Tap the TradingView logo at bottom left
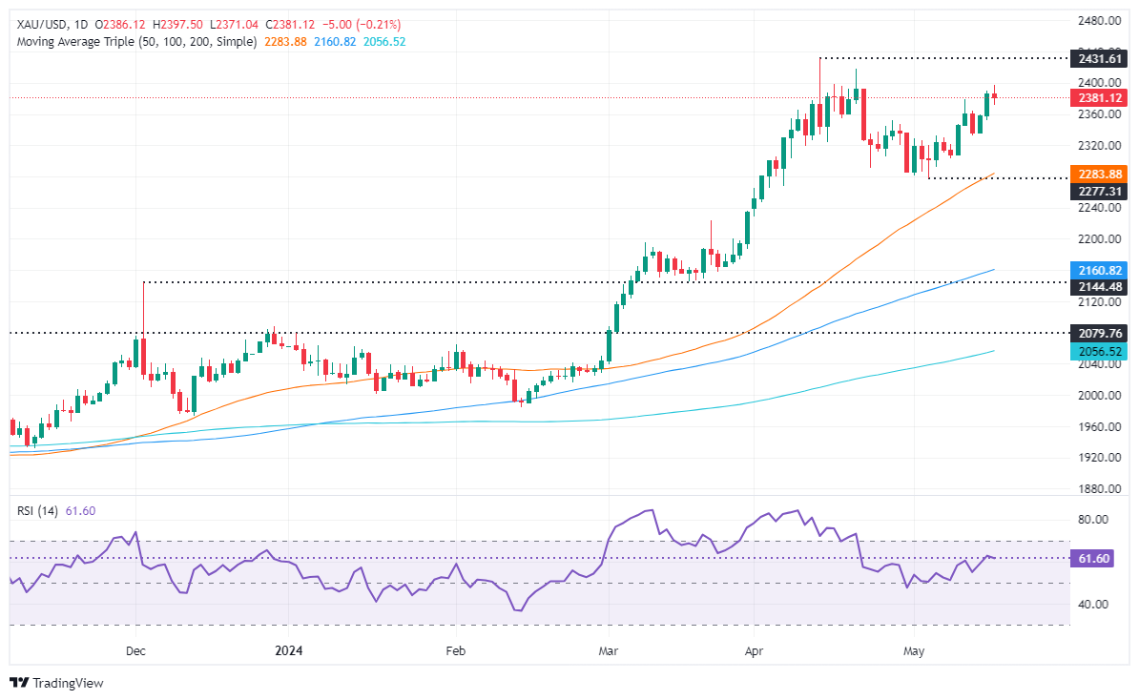56,683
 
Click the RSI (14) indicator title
37,511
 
